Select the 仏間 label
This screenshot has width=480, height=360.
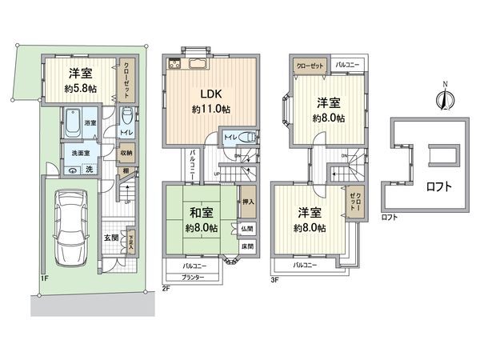coord(247,229)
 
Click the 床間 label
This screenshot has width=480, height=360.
coord(247,246)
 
